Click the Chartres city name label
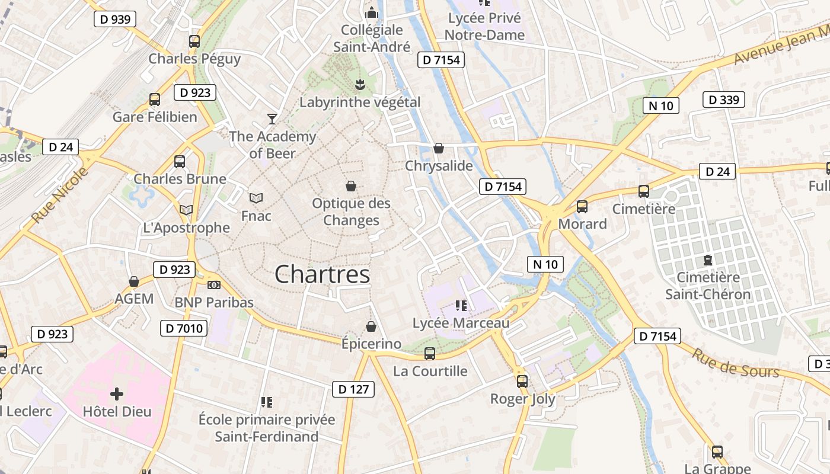(323, 274)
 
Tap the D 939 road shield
(115, 19)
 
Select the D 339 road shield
(724, 100)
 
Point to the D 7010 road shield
(183, 328)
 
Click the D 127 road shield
(353, 389)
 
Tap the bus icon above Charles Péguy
(194, 41)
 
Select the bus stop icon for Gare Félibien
(155, 100)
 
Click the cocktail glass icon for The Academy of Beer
(272, 119)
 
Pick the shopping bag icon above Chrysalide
(439, 148)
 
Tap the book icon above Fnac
(256, 198)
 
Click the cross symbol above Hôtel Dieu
(117, 393)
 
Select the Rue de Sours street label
(735, 363)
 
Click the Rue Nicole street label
(59, 196)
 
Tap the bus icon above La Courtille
(430, 354)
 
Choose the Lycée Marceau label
(461, 323)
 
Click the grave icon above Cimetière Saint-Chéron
(708, 260)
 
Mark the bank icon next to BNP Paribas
(214, 285)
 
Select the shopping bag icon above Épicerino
(371, 326)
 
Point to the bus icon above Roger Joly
(522, 382)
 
